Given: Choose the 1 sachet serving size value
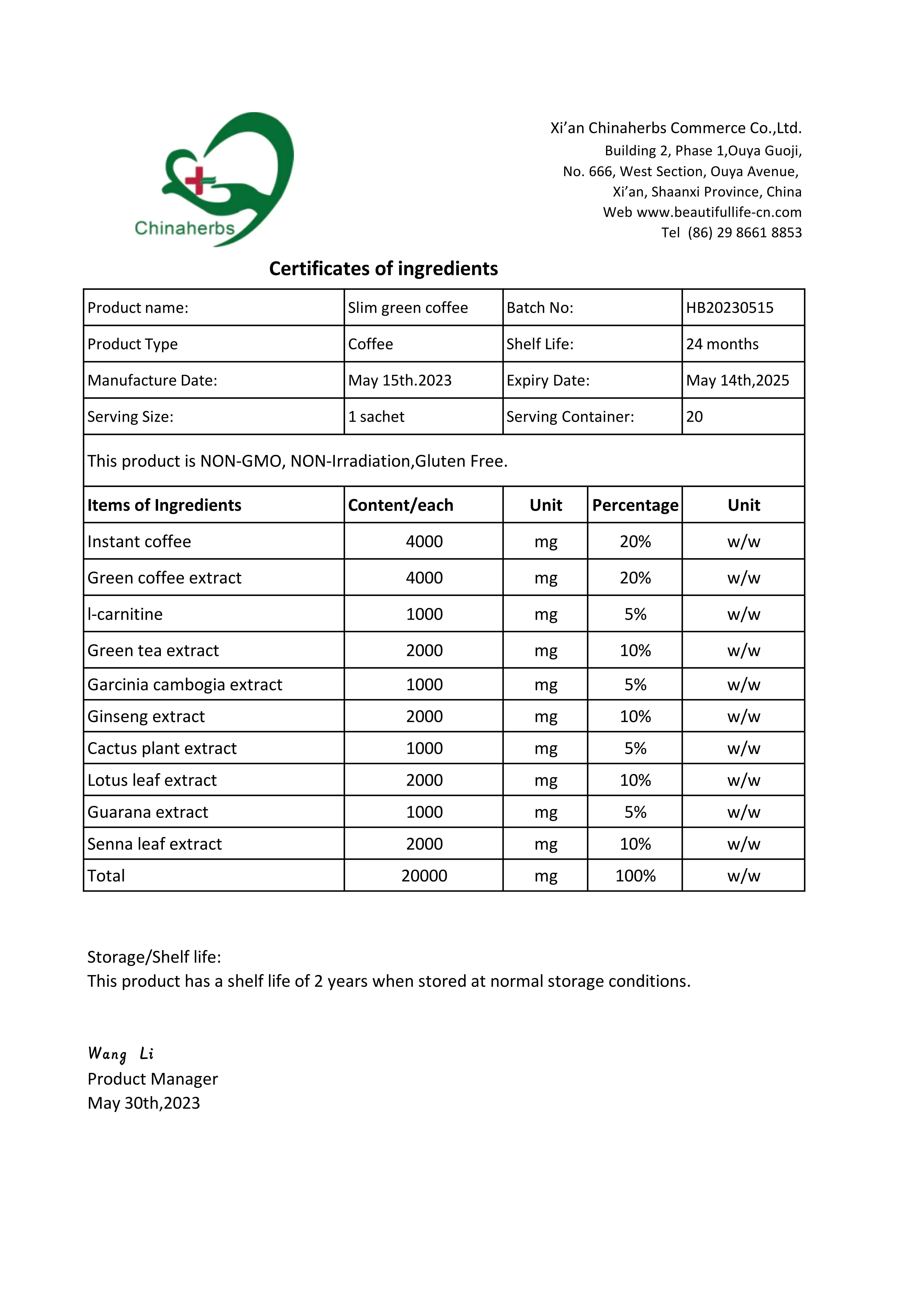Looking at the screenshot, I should point(376,417).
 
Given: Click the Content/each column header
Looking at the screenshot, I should point(400,505).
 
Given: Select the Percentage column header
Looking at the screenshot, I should point(635,505).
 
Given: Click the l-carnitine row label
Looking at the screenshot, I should point(125,614).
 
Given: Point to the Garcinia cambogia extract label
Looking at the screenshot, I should point(185,685).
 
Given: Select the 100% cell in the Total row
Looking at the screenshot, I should point(635,876).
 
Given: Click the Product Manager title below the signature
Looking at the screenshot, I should point(152,1079).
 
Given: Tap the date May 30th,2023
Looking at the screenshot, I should point(144,1103).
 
